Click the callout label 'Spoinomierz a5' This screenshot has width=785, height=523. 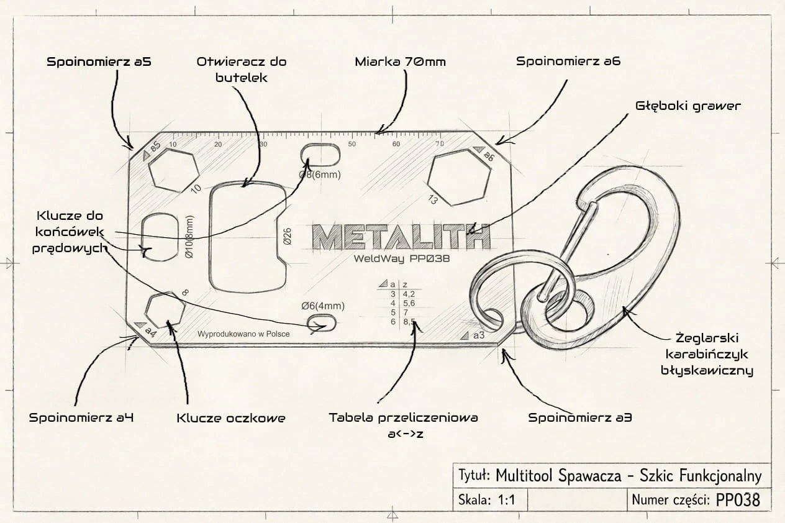[x=99, y=62]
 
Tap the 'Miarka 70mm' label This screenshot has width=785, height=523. [x=401, y=62]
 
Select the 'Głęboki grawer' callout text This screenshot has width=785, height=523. [x=688, y=106]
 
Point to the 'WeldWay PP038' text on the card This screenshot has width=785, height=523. [x=402, y=258]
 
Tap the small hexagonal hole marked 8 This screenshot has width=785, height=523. [x=165, y=310]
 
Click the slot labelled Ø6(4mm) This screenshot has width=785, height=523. [x=322, y=322]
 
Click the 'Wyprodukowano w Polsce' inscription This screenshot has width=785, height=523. [x=243, y=334]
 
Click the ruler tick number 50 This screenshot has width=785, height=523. [x=352, y=145]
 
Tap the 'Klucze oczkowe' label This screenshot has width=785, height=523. [x=230, y=418]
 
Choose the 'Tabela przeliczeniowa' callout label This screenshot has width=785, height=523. [x=404, y=418]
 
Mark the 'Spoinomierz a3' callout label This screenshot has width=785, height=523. [x=580, y=417]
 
